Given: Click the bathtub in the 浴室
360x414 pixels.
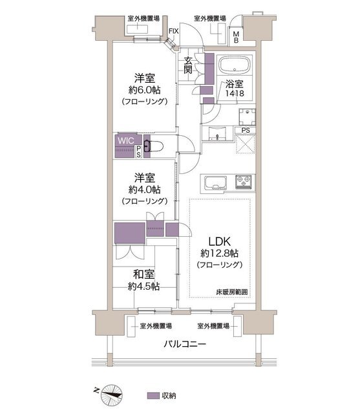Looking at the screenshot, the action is [235, 65].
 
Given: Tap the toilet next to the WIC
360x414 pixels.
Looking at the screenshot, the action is [153, 146].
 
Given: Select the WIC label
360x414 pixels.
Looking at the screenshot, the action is [125, 140].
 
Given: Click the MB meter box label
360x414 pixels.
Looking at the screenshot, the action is [236, 38].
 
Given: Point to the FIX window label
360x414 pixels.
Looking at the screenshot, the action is [174, 31].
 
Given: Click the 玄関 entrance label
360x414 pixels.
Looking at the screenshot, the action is [188, 65].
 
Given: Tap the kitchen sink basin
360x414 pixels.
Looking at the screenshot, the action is [216, 182].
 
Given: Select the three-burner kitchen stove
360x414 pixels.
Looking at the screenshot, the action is [243, 181].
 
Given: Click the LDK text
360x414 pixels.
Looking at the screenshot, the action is [220, 241].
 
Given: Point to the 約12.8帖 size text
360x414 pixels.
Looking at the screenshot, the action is [220, 254].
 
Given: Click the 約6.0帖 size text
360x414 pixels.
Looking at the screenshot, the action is [145, 90].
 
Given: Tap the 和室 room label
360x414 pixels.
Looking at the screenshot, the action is [143, 274].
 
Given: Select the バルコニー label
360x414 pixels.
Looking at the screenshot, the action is [185, 344].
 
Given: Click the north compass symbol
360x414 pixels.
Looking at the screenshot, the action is [111, 395].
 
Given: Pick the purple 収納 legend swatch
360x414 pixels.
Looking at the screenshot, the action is [153, 395].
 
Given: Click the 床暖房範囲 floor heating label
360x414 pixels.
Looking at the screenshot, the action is [232, 292].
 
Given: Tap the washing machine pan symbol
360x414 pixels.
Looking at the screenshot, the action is [247, 117].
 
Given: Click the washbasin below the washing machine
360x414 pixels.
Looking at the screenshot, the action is [217, 134].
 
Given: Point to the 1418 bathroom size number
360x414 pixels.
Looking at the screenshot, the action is [235, 93].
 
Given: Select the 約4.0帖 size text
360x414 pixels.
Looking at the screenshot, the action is [145, 190].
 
